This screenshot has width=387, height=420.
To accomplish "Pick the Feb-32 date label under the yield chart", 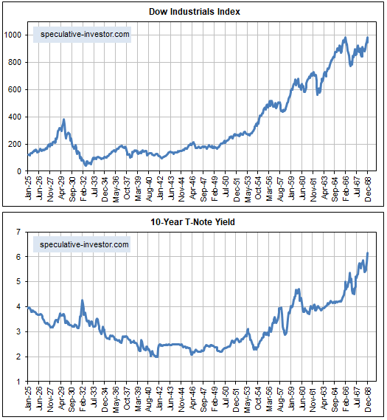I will pos(84,398).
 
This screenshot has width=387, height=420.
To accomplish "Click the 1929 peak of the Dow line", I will pos(64,120).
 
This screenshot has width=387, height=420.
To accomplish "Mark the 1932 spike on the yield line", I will pos(83,300).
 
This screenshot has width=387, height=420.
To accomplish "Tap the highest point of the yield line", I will pos(368,253).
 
